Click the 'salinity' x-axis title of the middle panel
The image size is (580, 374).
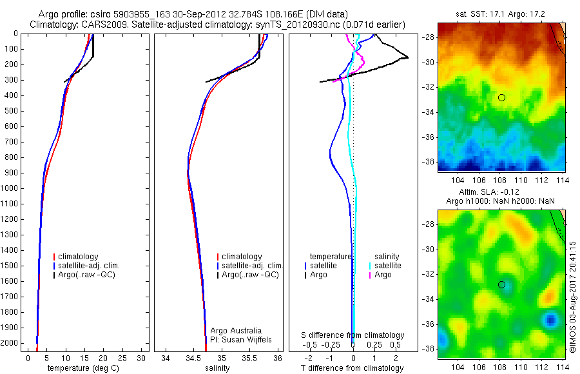pyautogui.click(x=217, y=368)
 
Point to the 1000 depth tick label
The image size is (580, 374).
pyautogui.click(x=10, y=188)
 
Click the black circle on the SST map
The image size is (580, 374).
pyautogui.click(x=501, y=97)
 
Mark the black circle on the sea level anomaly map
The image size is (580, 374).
pyautogui.click(x=501, y=284)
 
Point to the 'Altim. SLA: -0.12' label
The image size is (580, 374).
pyautogui.click(x=501, y=193)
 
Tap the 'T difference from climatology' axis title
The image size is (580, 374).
pyautogui.click(x=353, y=368)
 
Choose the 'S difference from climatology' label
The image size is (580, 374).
pyautogui.click(x=353, y=335)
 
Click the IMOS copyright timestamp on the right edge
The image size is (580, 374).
pyautogui.click(x=572, y=297)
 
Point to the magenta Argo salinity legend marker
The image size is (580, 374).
pyautogui.click(x=370, y=275)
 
